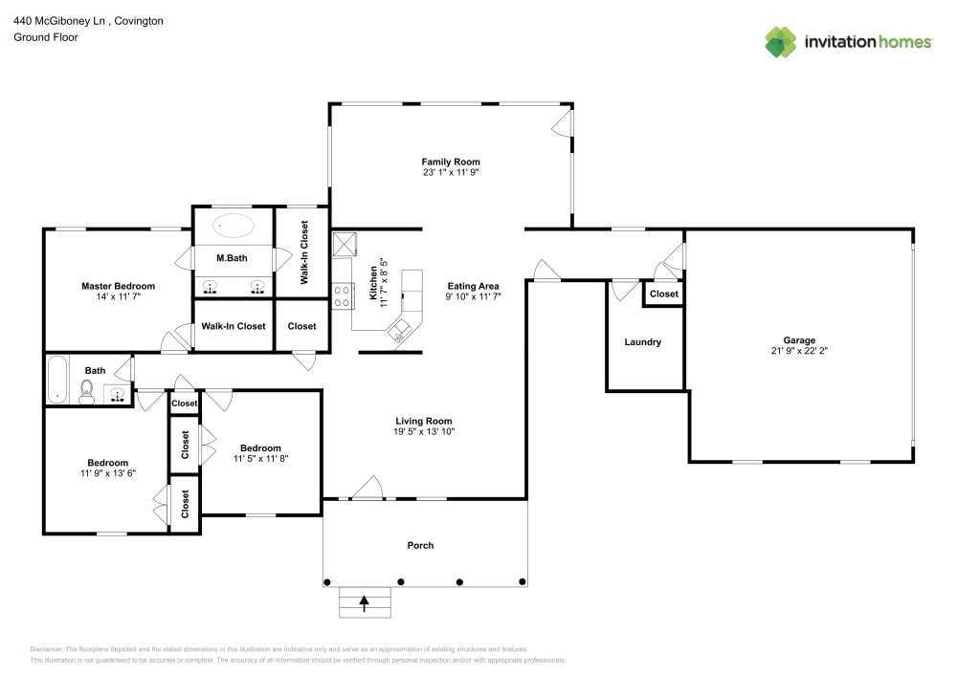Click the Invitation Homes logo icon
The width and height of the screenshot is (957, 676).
780,41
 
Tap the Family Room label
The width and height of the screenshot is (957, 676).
451,162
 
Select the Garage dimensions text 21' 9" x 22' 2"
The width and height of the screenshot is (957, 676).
799,351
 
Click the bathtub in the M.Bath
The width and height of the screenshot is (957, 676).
233,227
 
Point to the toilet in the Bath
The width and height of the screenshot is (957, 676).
86,392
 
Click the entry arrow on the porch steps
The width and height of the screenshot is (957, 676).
365,602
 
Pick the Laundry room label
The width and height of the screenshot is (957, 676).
642,341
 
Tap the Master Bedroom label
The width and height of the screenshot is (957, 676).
118,286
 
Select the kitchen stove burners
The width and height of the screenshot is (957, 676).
340,296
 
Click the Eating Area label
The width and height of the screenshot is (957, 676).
473,286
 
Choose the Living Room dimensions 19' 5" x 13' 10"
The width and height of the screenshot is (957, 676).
424,432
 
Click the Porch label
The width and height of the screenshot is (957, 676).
420,545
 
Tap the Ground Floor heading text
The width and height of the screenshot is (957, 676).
46,37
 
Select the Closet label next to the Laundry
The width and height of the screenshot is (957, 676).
663,294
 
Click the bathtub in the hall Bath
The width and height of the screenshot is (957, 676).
56,380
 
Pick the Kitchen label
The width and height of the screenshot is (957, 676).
373,284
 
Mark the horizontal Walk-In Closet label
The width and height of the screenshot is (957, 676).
233,326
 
